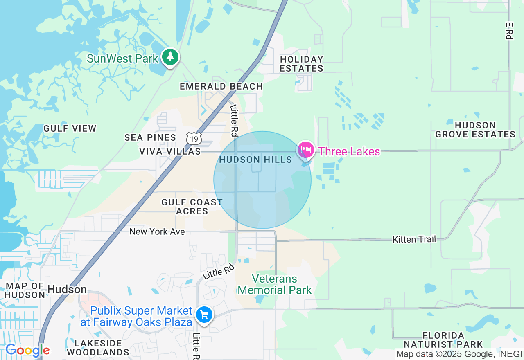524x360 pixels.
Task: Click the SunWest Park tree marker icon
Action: (170, 57)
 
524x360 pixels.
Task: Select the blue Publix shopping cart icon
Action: (204, 315)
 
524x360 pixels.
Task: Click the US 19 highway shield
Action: (194, 138)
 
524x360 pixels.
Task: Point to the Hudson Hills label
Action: (255, 160)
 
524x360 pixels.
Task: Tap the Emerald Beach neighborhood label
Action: (221, 86)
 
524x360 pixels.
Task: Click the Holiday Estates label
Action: (302, 64)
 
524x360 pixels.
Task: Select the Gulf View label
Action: (70, 128)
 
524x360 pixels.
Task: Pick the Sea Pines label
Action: (150, 137)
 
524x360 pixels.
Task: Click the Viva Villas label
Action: (170, 151)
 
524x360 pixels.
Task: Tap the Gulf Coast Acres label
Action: (192, 207)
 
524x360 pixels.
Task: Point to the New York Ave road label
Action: (157, 232)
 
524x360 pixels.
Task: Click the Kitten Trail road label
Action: (414, 239)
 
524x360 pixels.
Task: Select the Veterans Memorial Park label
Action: (275, 285)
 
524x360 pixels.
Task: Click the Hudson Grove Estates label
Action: (475, 130)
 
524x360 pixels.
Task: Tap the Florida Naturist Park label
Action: (443, 340)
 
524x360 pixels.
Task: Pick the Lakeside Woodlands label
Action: (98, 347)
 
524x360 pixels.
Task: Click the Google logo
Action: (27, 351)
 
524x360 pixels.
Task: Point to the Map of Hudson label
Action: (25, 290)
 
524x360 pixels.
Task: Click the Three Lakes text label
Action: (349, 152)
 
